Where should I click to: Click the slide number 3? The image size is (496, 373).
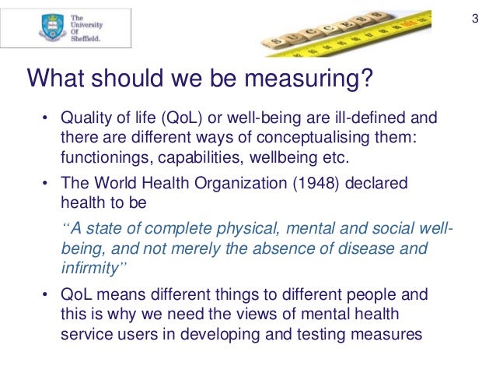click(x=476, y=18)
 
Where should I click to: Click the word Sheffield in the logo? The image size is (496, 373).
click(x=85, y=39)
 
